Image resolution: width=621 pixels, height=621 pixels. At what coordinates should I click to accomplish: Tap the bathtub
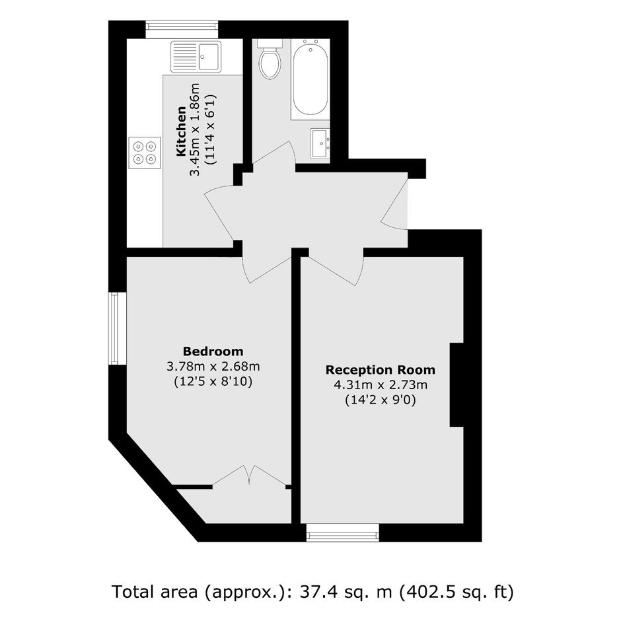pyautogui.click(x=310, y=79)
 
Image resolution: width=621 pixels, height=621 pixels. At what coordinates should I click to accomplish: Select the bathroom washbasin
pyautogui.click(x=320, y=143)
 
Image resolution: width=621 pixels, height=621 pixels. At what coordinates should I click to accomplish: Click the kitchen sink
pyautogui.click(x=196, y=57)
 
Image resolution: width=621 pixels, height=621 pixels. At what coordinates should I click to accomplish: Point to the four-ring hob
pyautogui.click(x=144, y=153)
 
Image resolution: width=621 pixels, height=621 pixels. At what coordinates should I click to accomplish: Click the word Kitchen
pyautogui.click(x=181, y=131)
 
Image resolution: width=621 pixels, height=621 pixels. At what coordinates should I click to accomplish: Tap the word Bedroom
pyautogui.click(x=213, y=351)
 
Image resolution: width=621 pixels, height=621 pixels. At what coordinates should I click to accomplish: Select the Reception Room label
pyautogui.click(x=381, y=370)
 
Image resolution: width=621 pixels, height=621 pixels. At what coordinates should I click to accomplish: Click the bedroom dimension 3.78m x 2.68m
pyautogui.click(x=213, y=367)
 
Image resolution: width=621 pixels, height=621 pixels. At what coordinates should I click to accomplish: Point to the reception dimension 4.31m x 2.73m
pyautogui.click(x=381, y=385)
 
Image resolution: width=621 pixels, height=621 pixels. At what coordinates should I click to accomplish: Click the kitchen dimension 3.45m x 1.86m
pyautogui.click(x=195, y=129)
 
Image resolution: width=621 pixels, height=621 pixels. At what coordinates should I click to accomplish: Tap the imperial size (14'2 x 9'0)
pyautogui.click(x=381, y=400)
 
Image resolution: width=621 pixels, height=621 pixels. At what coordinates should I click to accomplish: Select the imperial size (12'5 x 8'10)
pyautogui.click(x=213, y=382)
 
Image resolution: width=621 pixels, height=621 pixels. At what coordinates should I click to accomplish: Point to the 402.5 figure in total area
pyautogui.click(x=425, y=592)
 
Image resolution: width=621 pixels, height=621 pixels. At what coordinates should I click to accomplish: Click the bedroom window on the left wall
pyautogui.click(x=117, y=328)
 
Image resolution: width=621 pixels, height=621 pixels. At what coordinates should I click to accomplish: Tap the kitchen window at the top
pyautogui.click(x=182, y=30)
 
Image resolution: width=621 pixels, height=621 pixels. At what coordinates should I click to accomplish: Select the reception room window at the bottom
pyautogui.click(x=343, y=532)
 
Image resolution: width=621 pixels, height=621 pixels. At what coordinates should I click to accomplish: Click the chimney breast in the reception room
pyautogui.click(x=457, y=385)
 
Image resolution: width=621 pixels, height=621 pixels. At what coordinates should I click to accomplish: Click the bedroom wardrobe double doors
pyautogui.click(x=249, y=475)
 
